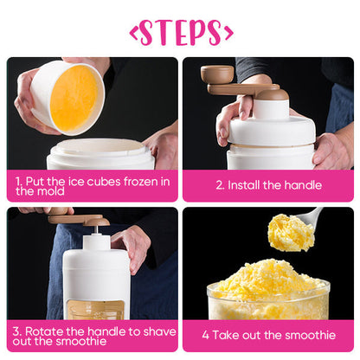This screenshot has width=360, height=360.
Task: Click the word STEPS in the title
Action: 181,33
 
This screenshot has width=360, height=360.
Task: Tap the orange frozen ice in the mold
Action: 74,99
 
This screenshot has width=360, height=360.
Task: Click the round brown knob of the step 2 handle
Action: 217,74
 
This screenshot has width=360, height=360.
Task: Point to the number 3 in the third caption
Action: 16,331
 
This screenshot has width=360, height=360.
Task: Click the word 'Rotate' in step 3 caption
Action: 44,331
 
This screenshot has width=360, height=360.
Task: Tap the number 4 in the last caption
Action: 205,335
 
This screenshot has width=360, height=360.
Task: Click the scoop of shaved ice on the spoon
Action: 291,233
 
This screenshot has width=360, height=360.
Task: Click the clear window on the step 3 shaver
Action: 95,310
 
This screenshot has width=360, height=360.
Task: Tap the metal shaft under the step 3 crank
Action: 98,229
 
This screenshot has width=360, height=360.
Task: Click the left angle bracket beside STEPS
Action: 134,34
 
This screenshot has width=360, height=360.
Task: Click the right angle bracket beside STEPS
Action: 228,34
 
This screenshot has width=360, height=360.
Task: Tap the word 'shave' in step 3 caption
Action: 159,331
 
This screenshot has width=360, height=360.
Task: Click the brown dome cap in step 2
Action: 273,95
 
